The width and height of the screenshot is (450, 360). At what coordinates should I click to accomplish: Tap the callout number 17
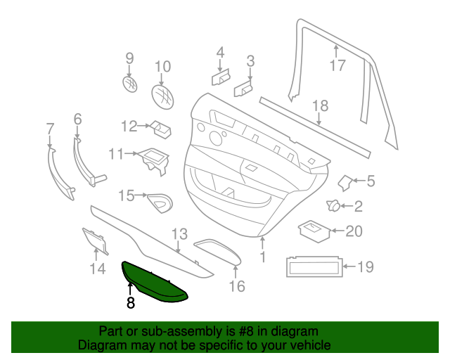pos(337,66)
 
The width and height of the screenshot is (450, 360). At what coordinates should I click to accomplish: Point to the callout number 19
pos(366,267)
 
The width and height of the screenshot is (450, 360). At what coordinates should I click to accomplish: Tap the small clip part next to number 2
pos(333,206)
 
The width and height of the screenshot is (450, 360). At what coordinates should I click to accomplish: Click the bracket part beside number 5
pos(346,182)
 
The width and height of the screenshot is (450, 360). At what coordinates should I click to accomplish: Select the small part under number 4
pos(220,77)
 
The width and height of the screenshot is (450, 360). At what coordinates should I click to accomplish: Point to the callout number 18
pos(320,106)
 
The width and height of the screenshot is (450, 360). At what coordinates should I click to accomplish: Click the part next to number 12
pos(162,128)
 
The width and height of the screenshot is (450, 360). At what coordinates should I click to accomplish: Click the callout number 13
pos(179,234)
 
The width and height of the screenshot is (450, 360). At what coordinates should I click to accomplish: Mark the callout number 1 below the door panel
pos(263,257)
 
